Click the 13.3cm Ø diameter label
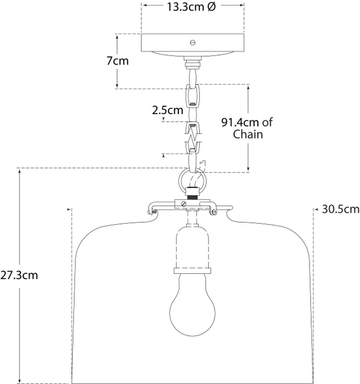tap(191, 7)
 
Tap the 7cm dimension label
tap(118, 61)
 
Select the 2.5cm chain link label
tap(168, 110)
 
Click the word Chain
tap(248, 134)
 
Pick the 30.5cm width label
tap(341, 210)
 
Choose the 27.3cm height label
tap(19, 275)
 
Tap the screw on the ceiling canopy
tap(193, 43)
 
